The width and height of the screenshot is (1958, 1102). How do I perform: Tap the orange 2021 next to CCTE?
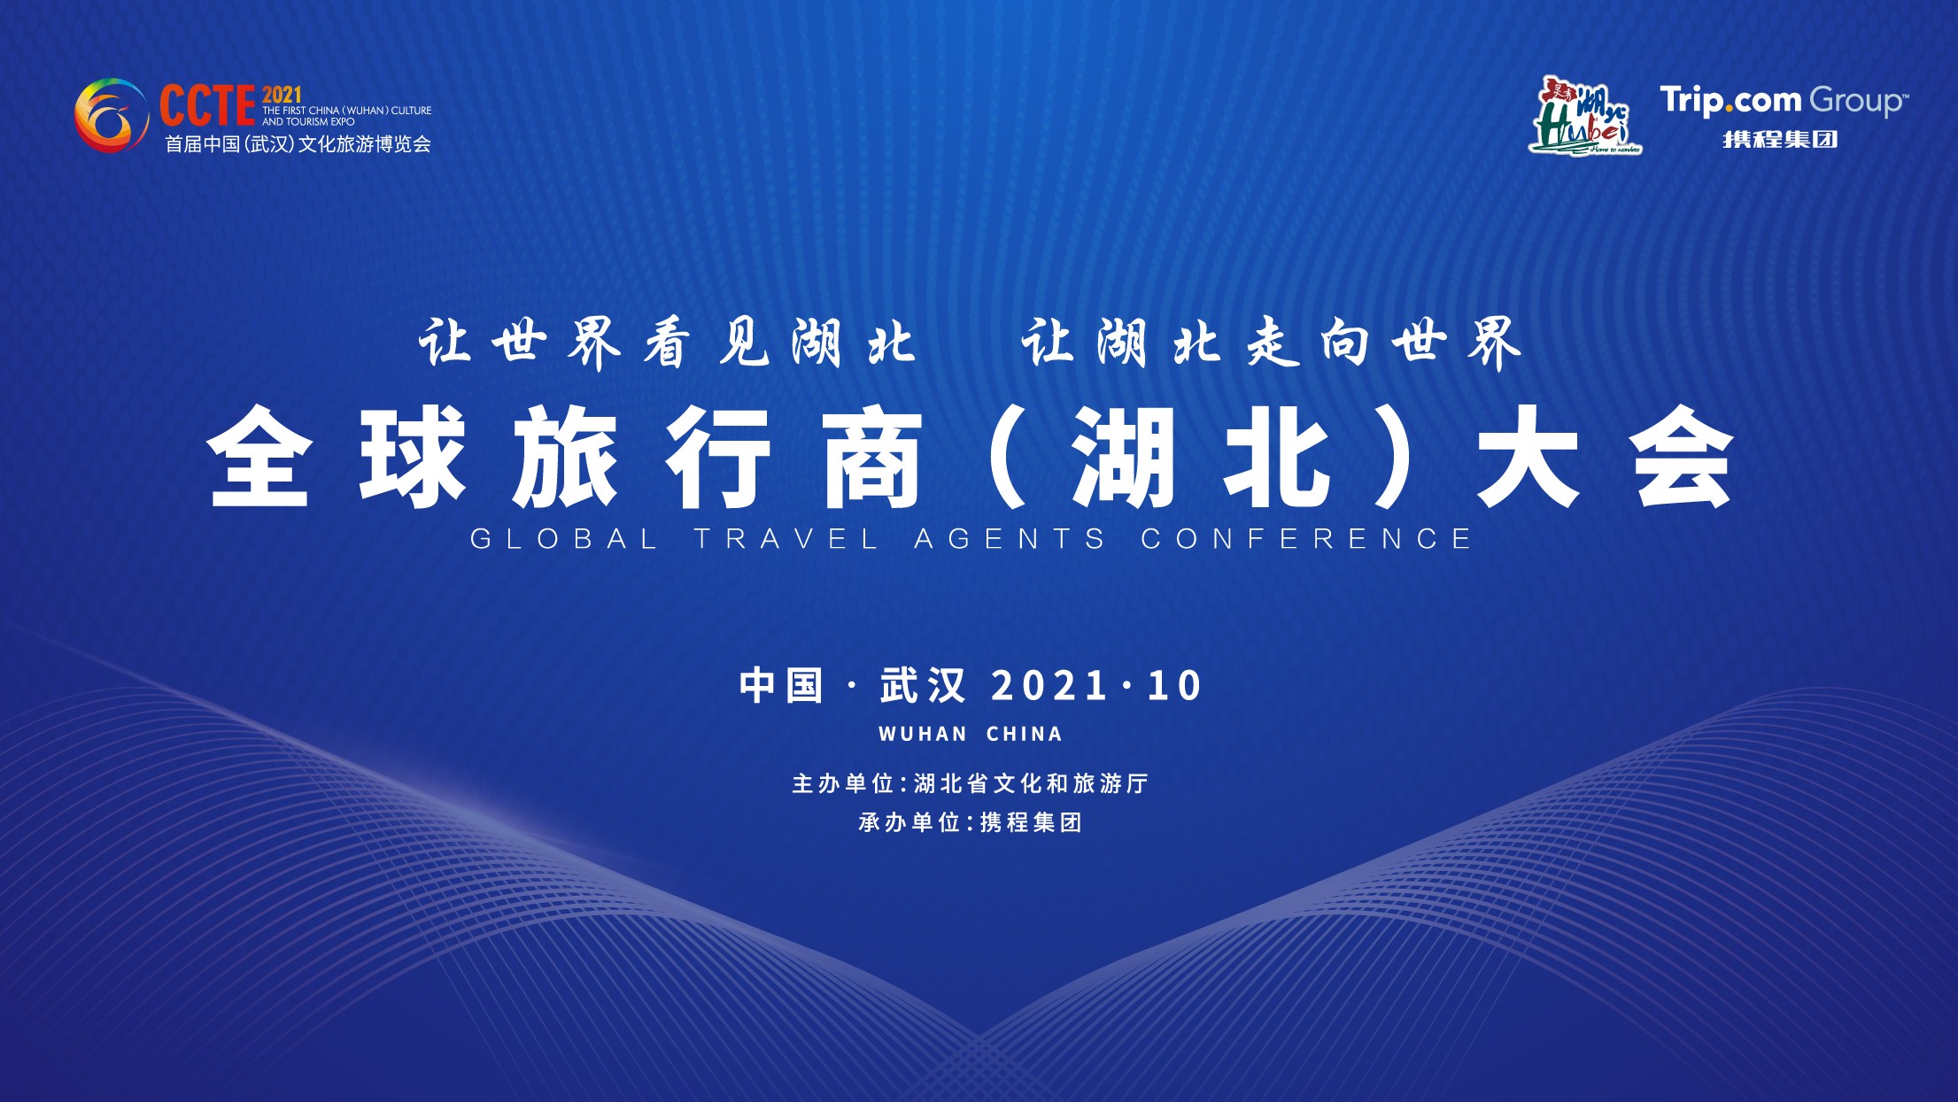point(282,95)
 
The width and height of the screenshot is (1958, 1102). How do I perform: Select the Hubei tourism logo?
point(1585,116)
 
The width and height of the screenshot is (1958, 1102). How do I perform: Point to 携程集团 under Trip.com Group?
point(1780,140)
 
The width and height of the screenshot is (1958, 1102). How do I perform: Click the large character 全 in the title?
point(259,457)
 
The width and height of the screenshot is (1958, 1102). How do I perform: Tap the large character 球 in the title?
point(413,457)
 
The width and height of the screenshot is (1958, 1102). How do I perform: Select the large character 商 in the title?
point(873,457)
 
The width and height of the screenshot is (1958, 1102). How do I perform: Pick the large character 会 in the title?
point(1683,457)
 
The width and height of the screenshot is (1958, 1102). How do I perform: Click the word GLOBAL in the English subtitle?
point(563,539)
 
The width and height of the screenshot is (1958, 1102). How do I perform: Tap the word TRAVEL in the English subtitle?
point(786,539)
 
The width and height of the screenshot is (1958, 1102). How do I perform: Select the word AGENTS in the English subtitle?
point(1010,539)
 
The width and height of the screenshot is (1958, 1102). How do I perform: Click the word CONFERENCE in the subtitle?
point(1306,539)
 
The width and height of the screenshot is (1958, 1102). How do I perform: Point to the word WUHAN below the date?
point(923,734)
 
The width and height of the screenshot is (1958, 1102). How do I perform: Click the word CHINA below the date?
point(1025,734)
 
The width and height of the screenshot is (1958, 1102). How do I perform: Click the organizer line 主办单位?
point(971,783)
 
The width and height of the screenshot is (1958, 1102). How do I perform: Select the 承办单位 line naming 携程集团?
point(971,822)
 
